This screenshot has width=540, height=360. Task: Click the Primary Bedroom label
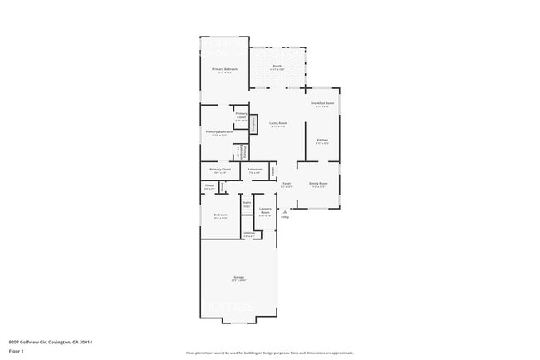point(224,69)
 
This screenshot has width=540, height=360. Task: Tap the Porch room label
point(277,66)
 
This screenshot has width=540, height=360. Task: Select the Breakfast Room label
point(322,104)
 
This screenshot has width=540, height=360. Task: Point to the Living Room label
point(277,124)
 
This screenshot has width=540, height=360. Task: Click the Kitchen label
point(322,141)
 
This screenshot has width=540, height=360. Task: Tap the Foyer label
point(286,184)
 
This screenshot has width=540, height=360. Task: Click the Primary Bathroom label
point(218,132)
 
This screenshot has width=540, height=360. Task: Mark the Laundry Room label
point(265,210)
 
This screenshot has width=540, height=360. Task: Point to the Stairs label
point(247,203)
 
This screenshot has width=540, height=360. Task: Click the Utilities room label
point(248,234)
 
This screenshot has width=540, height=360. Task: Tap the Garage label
point(238,278)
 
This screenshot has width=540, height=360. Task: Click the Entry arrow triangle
point(285,211)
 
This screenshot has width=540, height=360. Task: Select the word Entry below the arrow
point(285,217)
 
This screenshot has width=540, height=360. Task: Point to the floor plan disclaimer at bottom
point(270,353)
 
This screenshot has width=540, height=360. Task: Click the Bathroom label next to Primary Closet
point(255,170)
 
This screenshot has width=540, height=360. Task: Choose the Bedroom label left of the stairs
point(220,215)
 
